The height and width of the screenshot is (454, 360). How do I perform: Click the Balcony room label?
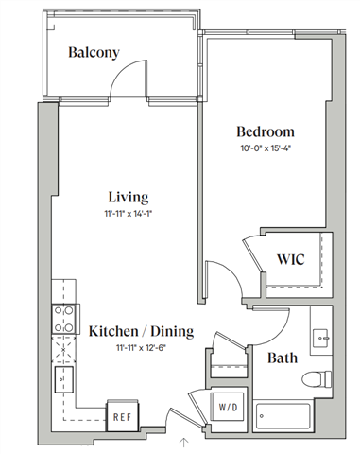(x=94, y=53)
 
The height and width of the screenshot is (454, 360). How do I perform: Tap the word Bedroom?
(x=265, y=131)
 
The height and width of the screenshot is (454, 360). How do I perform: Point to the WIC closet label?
(x=289, y=259)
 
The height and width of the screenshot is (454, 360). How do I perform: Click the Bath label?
(x=283, y=358)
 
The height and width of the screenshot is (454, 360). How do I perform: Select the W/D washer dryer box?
(x=230, y=409)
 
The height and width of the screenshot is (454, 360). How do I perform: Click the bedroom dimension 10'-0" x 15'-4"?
(x=265, y=148)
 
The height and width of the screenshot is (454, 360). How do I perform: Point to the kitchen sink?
(x=63, y=380)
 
